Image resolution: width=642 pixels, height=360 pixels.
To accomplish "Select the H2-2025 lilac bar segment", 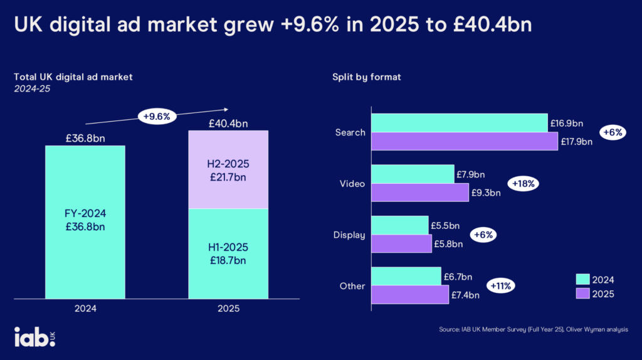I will click(229, 169).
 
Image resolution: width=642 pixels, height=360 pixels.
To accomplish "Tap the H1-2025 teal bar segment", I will click(229, 254).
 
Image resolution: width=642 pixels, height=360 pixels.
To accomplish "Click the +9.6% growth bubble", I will click(158, 116).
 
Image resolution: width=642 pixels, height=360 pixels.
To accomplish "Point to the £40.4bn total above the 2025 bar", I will click(229, 124).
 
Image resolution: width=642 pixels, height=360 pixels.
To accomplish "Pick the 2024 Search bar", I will click(459, 123).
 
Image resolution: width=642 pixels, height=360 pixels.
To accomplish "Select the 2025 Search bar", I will click(464, 142).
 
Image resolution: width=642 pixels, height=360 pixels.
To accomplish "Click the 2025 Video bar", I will click(420, 193).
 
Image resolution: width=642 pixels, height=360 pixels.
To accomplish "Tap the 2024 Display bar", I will click(400, 225).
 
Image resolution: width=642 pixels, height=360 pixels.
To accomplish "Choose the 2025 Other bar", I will click(410, 295).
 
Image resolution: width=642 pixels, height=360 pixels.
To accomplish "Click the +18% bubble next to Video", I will click(523, 184).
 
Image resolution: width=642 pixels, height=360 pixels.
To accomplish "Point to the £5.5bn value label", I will click(445, 225).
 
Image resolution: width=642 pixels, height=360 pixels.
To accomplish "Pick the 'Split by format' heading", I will click(367, 77).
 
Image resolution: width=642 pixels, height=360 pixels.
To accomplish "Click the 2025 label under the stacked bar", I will click(228, 309).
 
